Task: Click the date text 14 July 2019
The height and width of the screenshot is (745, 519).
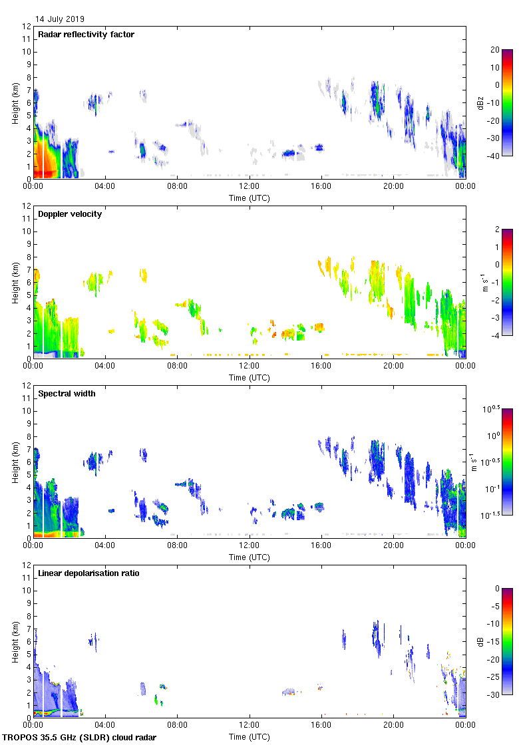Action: point(60,19)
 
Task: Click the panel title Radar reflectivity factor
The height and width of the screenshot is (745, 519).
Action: point(86,35)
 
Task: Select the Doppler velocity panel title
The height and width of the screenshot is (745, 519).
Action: point(70,214)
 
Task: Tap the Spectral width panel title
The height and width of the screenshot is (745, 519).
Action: point(67,394)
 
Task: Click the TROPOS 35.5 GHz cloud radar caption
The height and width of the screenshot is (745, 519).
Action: point(80,738)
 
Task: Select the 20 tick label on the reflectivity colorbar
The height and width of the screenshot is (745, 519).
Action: point(495,50)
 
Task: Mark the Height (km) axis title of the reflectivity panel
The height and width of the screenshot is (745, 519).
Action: point(15,102)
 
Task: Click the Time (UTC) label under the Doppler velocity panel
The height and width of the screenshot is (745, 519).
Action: point(250,378)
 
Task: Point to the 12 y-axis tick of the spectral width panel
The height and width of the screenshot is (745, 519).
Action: point(26,386)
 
